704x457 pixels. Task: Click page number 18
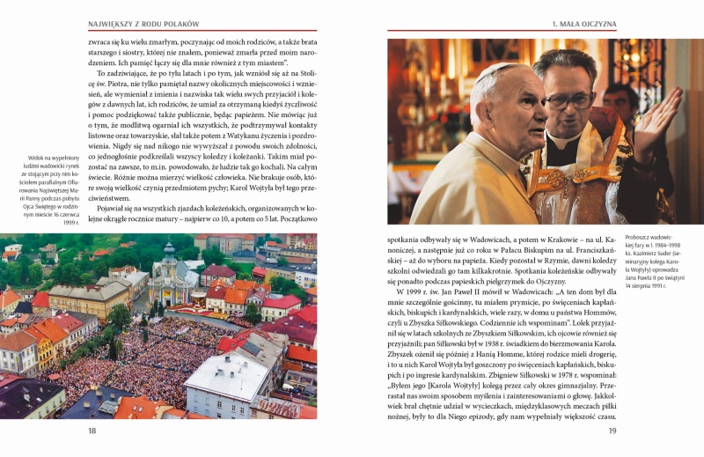(92, 431)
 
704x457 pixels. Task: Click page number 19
(612, 431)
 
